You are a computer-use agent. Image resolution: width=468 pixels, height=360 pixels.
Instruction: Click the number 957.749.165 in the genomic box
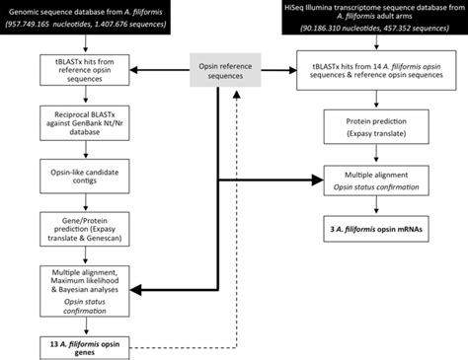[37, 25]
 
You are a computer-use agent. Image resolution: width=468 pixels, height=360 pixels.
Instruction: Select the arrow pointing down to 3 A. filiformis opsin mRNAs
[367, 207]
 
